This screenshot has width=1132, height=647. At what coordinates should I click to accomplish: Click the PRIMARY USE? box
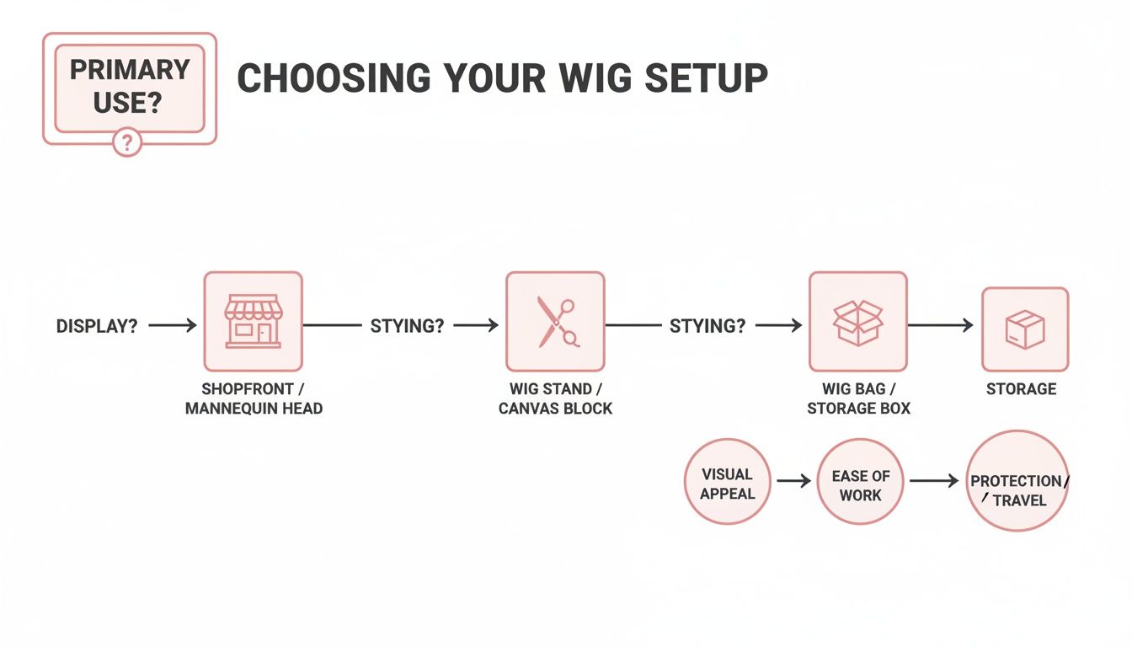pyautogui.click(x=129, y=88)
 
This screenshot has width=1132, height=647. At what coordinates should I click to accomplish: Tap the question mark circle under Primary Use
pyautogui.click(x=127, y=142)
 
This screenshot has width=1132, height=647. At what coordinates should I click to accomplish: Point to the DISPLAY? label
pyautogui.click(x=97, y=326)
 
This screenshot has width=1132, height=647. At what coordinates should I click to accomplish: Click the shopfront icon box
pyautogui.click(x=253, y=321)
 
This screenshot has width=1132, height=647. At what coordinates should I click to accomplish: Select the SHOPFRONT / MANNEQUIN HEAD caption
pyautogui.click(x=253, y=398)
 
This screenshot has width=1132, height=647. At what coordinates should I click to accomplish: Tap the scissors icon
pyautogui.click(x=555, y=321)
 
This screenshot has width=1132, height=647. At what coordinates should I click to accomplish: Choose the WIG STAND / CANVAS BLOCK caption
pyautogui.click(x=555, y=398)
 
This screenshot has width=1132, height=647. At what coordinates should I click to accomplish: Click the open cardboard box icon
pyautogui.click(x=857, y=321)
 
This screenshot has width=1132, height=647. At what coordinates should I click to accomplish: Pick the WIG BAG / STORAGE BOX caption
pyautogui.click(x=857, y=398)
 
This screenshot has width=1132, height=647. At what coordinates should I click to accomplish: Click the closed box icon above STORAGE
pyautogui.click(x=1024, y=329)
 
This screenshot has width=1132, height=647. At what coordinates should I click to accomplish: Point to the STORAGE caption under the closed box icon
pyautogui.click(x=1021, y=389)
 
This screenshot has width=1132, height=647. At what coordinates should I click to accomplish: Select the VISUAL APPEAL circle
pyautogui.click(x=727, y=483)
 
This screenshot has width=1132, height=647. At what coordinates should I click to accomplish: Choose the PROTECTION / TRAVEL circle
pyautogui.click(x=1017, y=481)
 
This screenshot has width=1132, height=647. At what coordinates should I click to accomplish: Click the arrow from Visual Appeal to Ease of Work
pyautogui.click(x=793, y=481)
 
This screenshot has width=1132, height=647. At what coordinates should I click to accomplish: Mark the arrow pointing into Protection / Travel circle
pyautogui.click(x=934, y=481)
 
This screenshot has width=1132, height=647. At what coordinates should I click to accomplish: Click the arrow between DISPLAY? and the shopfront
pyautogui.click(x=173, y=325)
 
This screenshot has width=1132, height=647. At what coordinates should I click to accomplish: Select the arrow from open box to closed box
pyautogui.click(x=940, y=325)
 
